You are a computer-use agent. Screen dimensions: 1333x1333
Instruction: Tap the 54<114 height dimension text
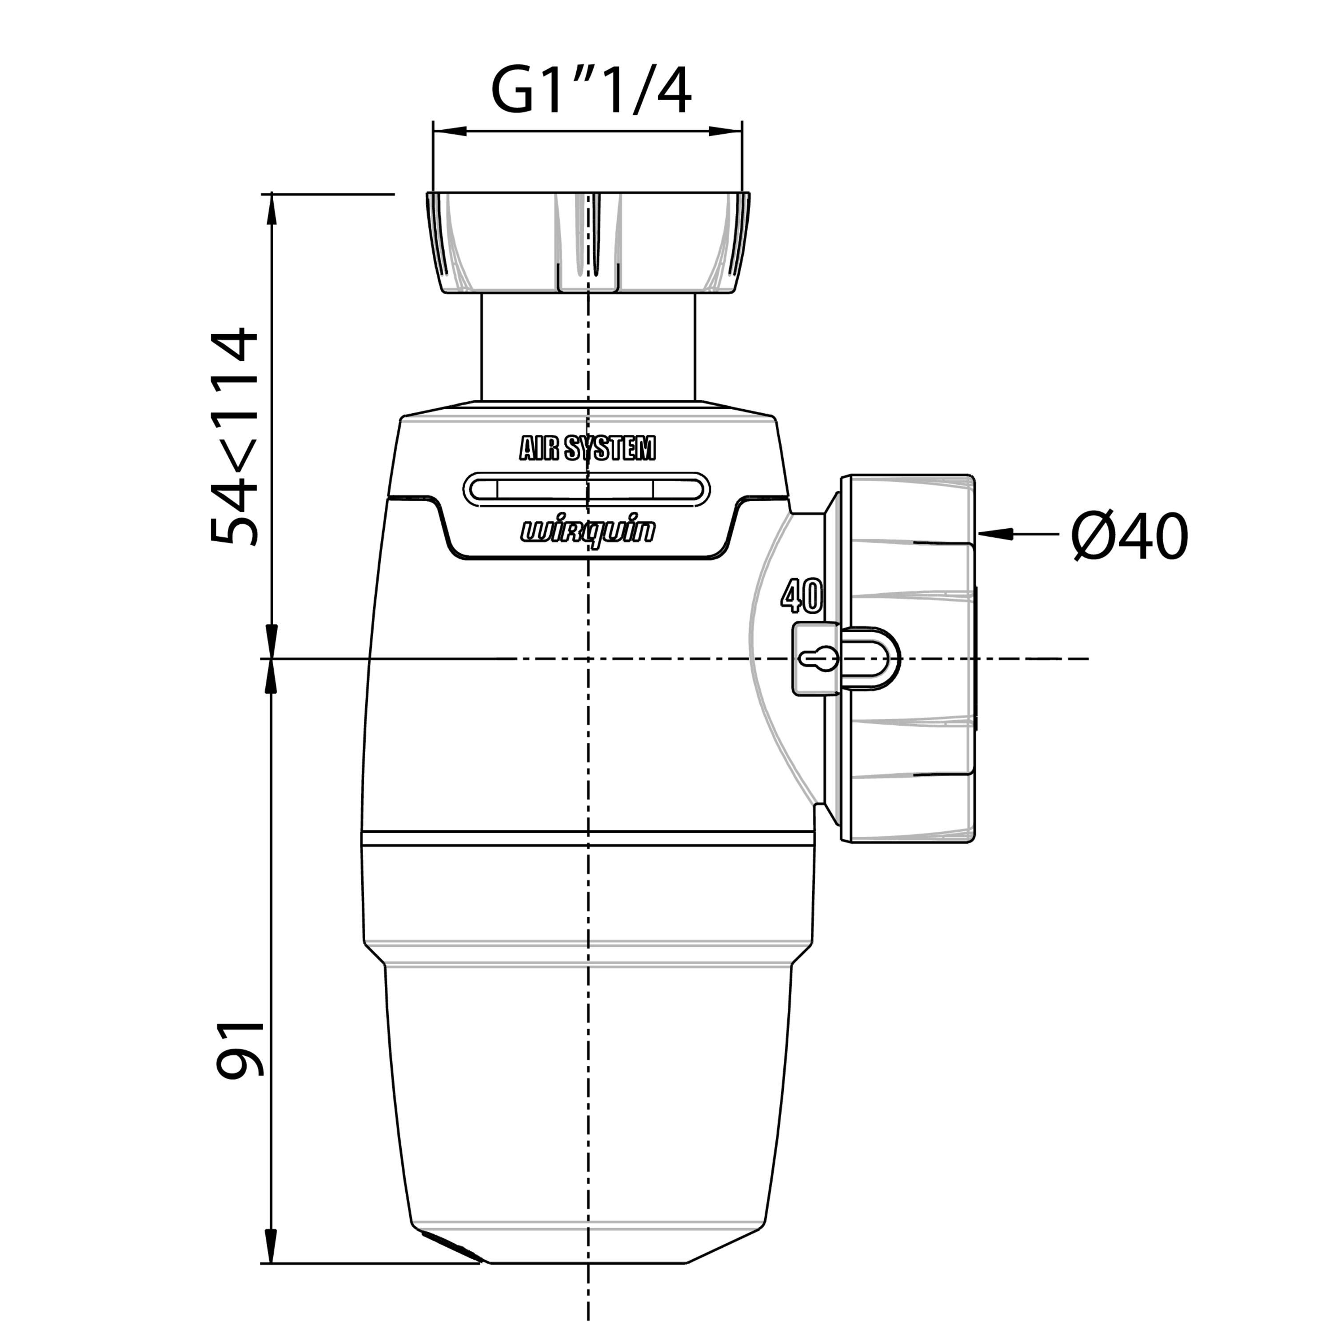click(235, 437)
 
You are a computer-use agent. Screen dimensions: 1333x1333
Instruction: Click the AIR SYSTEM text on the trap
click(587, 448)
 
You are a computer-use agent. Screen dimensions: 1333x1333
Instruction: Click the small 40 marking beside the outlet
click(802, 596)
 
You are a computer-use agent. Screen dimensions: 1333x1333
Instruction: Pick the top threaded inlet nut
click(588, 243)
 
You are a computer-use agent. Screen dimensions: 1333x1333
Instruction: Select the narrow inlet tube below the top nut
click(588, 347)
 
